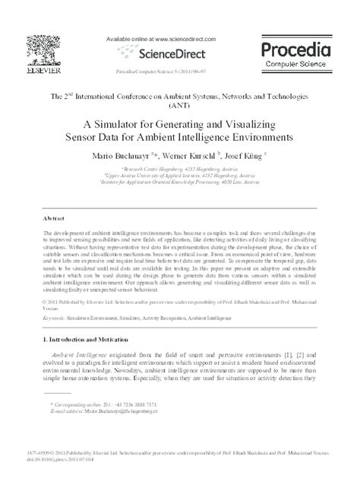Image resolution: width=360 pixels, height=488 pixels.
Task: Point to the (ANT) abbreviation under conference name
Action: [179, 108]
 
